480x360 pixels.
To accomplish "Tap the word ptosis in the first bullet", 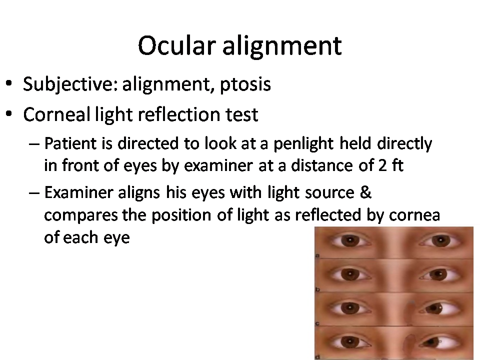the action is (245, 84).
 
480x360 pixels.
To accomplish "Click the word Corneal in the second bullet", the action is (56, 114).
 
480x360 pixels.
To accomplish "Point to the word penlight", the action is (303, 143).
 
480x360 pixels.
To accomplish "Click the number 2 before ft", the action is (382, 165).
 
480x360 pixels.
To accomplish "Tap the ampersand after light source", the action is (365, 192).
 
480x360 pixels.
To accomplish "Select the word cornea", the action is (414, 215).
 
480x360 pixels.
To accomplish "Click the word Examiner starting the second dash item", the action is (78, 192).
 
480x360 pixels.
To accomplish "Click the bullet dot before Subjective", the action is (9, 83).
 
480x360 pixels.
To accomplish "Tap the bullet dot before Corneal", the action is (9, 114).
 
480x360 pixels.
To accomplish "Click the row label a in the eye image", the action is (317, 255).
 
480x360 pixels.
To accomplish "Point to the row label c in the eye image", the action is (317, 323).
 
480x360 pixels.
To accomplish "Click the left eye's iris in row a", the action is (348, 240).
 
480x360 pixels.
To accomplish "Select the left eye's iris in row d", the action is (348, 342).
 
